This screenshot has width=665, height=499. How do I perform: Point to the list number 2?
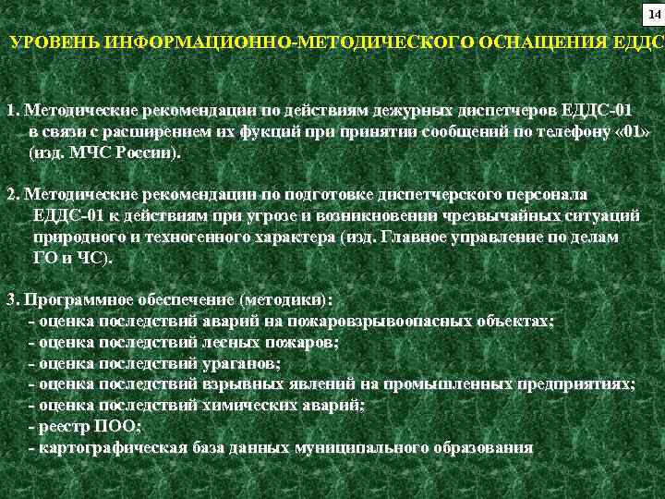pos(12,195)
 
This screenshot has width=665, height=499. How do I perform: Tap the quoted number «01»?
pos(634,131)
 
